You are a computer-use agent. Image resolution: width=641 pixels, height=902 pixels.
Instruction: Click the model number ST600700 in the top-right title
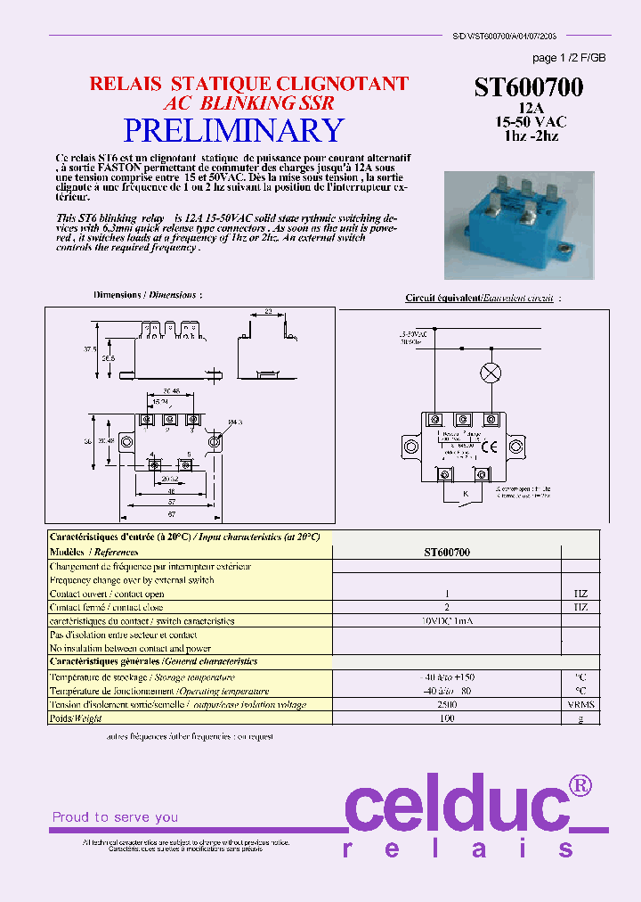coord(529,87)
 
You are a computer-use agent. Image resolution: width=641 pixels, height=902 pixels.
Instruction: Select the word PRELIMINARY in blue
coord(232,131)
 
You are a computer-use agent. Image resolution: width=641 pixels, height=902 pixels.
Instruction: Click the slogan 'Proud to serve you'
coord(115,816)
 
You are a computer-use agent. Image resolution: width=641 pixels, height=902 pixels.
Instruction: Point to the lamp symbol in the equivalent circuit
coord(490,373)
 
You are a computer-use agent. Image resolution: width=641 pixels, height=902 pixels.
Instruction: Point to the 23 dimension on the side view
coord(268,312)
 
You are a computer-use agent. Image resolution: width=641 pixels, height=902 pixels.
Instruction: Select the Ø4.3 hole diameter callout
coord(234,422)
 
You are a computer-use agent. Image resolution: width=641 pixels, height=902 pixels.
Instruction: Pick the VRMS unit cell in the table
coord(580,704)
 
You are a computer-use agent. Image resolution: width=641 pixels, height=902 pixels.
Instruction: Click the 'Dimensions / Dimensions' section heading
coord(148,294)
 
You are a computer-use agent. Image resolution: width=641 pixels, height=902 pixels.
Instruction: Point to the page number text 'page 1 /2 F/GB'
coord(568,58)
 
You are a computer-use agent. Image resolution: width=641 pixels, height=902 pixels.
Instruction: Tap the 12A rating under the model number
coord(530,108)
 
